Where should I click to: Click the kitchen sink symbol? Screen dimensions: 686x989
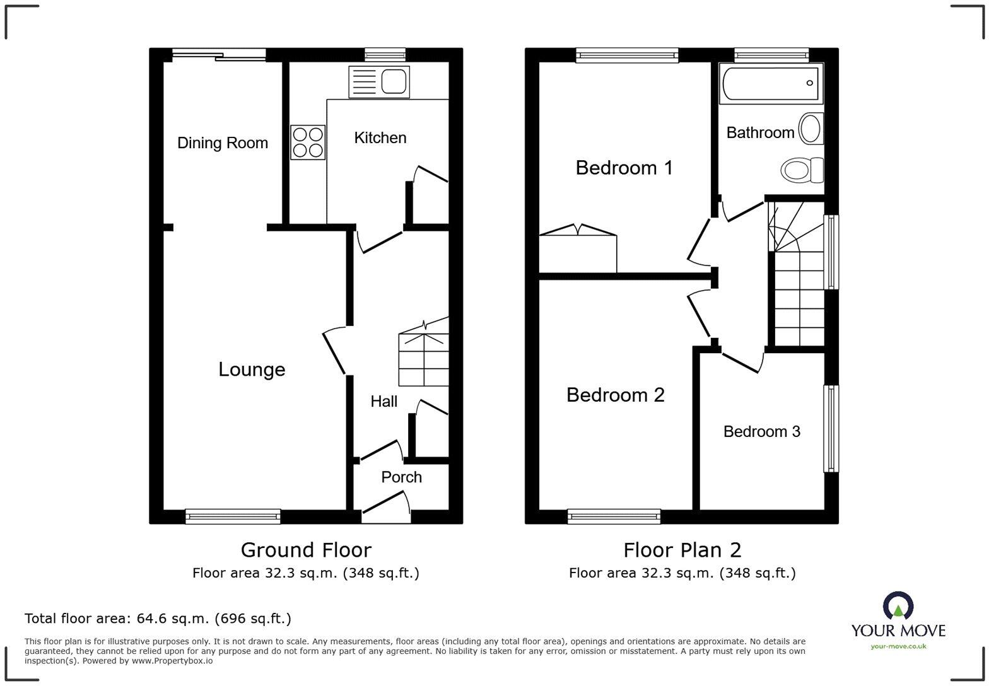point(379,82)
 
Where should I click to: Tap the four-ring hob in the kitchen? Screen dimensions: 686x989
point(308,142)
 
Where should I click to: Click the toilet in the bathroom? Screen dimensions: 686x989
point(802,170)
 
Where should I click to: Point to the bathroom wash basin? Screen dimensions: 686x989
point(811,129)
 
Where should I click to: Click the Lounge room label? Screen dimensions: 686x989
point(252,369)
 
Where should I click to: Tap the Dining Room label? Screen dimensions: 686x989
point(222,143)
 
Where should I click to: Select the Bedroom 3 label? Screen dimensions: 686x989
point(761,432)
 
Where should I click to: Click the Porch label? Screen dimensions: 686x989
point(401,477)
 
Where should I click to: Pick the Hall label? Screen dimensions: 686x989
point(383,402)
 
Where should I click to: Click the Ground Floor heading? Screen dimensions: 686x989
point(306,550)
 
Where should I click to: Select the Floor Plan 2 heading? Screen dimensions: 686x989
point(682,550)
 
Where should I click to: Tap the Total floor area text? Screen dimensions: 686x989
point(158,619)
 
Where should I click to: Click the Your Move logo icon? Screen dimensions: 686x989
point(898,607)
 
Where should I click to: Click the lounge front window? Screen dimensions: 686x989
point(233,516)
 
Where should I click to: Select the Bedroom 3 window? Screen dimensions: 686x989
point(831,428)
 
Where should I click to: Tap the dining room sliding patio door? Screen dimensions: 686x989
point(219,55)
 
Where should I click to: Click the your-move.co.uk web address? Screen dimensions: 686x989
point(898,646)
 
